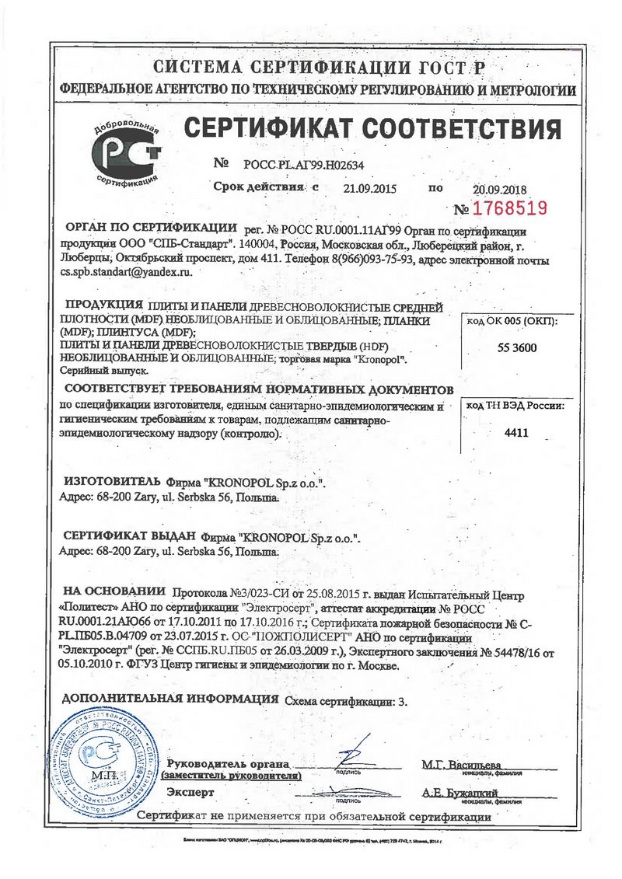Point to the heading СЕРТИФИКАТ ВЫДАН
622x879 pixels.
128,537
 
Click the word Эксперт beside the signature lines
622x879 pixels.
190,792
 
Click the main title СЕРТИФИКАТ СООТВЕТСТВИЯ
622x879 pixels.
372,128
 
